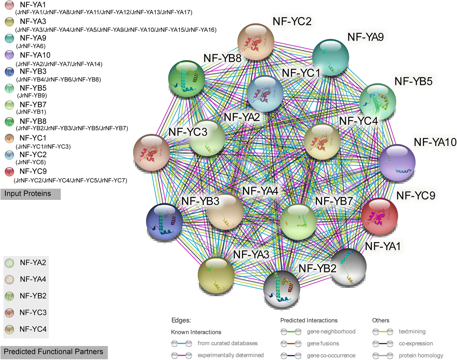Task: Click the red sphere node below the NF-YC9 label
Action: pyautogui.click(x=379, y=216)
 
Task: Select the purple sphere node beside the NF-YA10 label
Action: pyautogui.click(x=397, y=162)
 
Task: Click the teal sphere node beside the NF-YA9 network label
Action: pyautogui.click(x=330, y=57)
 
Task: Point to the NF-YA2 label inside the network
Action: pyautogui.click(x=242, y=117)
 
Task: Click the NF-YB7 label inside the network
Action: pyautogui.click(x=334, y=201)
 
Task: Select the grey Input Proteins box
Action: pyautogui.click(x=31, y=194)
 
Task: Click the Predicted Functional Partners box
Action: pyautogui.click(x=54, y=352)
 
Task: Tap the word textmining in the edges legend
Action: pyautogui.click(x=412, y=331)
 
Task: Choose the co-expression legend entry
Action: pyautogui.click(x=416, y=344)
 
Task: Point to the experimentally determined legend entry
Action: pyautogui.click(x=230, y=355)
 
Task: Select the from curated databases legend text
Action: pyautogui.click(x=228, y=343)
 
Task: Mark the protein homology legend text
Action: pyautogui.click(x=421, y=355)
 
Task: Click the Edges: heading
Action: pyautogui.click(x=181, y=320)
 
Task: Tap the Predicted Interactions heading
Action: pyautogui.click(x=309, y=320)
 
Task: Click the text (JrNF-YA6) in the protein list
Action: pyautogui.click(x=31, y=46)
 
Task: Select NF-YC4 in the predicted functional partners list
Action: pyautogui.click(x=33, y=329)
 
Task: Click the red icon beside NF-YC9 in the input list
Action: pyautogui.click(x=9, y=172)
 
